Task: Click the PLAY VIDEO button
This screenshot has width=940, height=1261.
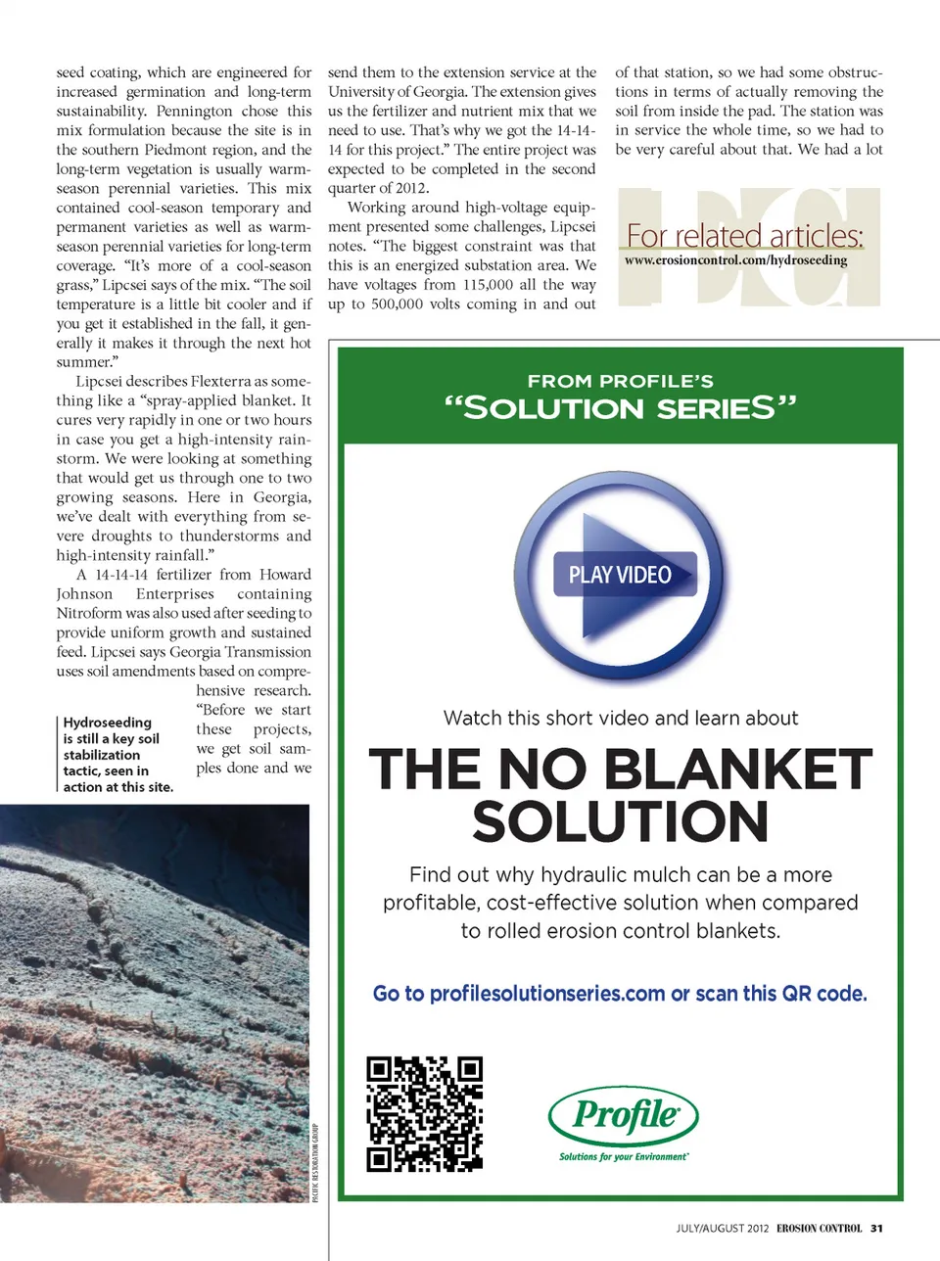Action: tap(620, 575)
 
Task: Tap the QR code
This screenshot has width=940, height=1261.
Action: tap(425, 1113)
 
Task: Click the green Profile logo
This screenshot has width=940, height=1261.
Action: tap(624, 1115)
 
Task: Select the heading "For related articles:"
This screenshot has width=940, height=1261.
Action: tap(744, 236)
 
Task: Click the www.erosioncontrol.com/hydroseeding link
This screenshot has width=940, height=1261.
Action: tap(735, 260)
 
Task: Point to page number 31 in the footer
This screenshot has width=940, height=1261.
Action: tap(876, 1228)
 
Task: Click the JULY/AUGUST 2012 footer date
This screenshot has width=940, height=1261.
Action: tap(722, 1228)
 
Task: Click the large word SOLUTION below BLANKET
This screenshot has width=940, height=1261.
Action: tap(620, 821)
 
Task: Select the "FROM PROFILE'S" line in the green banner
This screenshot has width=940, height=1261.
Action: tap(620, 381)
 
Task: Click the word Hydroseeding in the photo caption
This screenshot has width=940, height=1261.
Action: tap(108, 723)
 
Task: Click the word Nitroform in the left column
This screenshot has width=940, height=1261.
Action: tap(88, 613)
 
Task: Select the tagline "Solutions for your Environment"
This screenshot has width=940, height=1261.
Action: tap(624, 1156)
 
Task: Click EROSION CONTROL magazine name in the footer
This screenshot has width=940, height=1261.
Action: tap(819, 1228)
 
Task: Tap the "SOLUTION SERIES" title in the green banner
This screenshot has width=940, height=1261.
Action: tap(620, 408)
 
